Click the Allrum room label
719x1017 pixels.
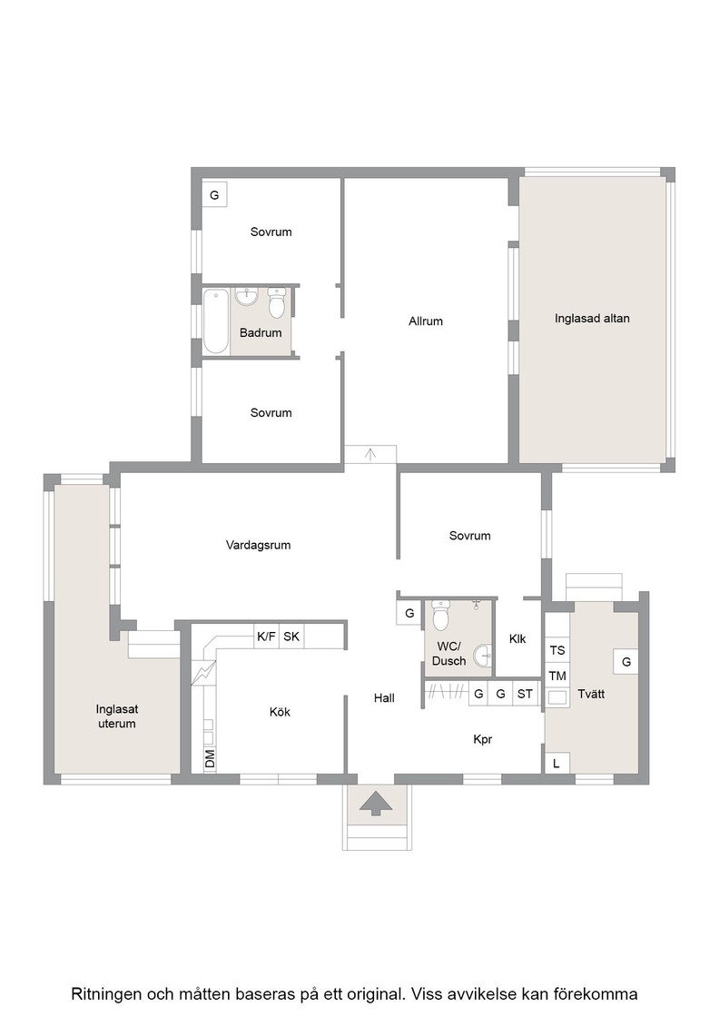click(425, 321)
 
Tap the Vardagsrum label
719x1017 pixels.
click(258, 546)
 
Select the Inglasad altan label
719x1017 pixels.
click(592, 319)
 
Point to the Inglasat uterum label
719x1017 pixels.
click(117, 716)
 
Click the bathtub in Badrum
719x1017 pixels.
click(216, 322)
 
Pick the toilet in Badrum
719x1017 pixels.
click(277, 303)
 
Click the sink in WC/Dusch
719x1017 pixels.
click(483, 657)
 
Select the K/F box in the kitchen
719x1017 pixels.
click(267, 637)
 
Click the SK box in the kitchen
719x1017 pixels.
click(291, 637)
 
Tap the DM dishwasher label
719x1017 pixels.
click(210, 758)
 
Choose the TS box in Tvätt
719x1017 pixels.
click(557, 650)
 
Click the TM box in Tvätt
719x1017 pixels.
click(557, 676)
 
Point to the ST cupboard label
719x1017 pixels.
click(525, 694)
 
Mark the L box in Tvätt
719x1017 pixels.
click(556, 764)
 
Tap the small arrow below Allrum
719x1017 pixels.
click(370, 454)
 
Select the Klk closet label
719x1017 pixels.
click(517, 639)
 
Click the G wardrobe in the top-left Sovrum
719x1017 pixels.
click(214, 194)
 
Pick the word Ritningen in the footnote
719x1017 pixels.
click(105, 994)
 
